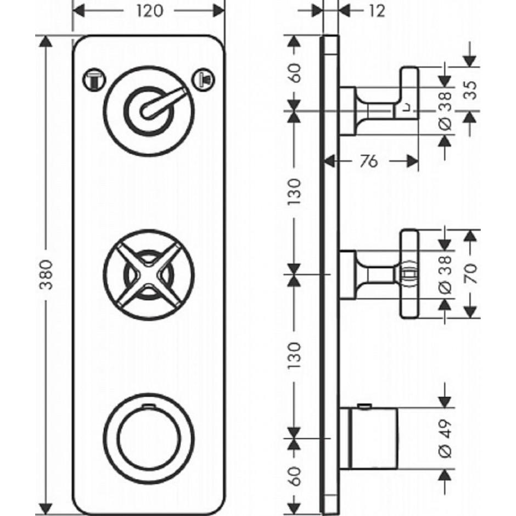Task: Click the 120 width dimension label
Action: [150, 11]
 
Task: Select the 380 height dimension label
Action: [46, 275]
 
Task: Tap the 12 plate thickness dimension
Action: [377, 11]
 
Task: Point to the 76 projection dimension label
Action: [368, 161]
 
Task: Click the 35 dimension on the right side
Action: [471, 90]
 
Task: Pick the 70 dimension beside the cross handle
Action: [471, 273]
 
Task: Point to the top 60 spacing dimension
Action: [295, 73]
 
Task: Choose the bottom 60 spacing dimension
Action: [295, 476]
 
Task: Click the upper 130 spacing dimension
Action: [295, 192]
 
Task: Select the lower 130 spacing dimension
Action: [295, 356]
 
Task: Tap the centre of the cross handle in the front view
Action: [149, 275]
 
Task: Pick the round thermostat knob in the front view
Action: [149, 439]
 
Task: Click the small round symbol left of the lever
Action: [94, 79]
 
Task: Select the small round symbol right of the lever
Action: [204, 79]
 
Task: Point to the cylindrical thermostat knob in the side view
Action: [368, 438]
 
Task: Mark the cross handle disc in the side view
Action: [409, 274]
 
